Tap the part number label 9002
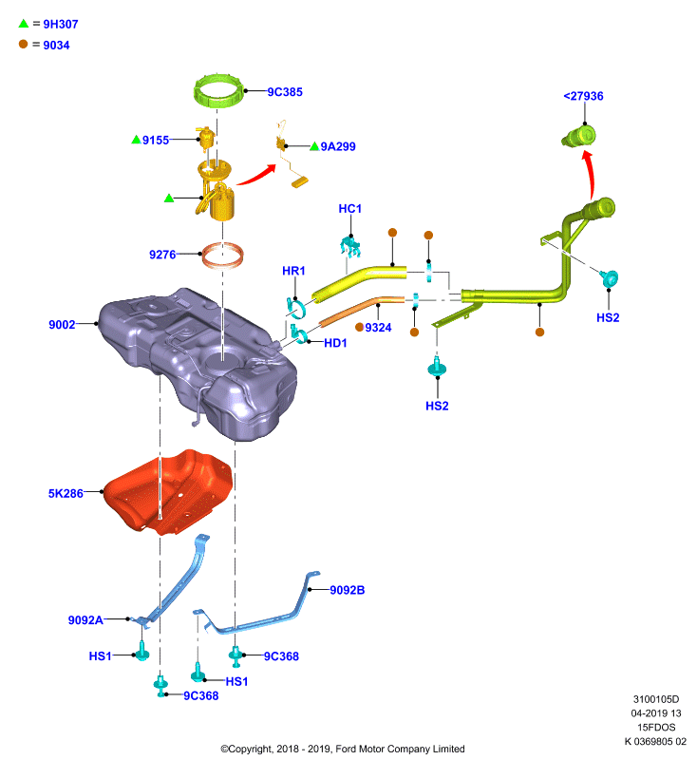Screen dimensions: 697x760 tap(62, 324)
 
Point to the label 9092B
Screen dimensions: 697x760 tap(347, 590)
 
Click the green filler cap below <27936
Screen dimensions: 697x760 tap(579, 136)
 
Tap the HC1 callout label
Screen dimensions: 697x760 tap(349, 208)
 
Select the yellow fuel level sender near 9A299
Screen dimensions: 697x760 tap(290, 155)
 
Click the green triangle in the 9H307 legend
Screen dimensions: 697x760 tap(23, 23)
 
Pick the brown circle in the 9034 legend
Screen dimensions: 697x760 tap(23, 44)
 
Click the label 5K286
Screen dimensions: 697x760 tap(66, 493)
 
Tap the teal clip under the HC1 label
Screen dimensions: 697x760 tap(350, 246)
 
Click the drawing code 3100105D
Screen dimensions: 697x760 tap(656, 699)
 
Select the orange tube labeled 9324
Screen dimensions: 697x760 tap(362, 312)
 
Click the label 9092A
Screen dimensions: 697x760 tap(85, 620)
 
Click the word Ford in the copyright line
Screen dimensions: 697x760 tap(346, 749)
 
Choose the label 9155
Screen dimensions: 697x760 tap(156, 140)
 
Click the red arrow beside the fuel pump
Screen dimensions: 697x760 tap(256, 176)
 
